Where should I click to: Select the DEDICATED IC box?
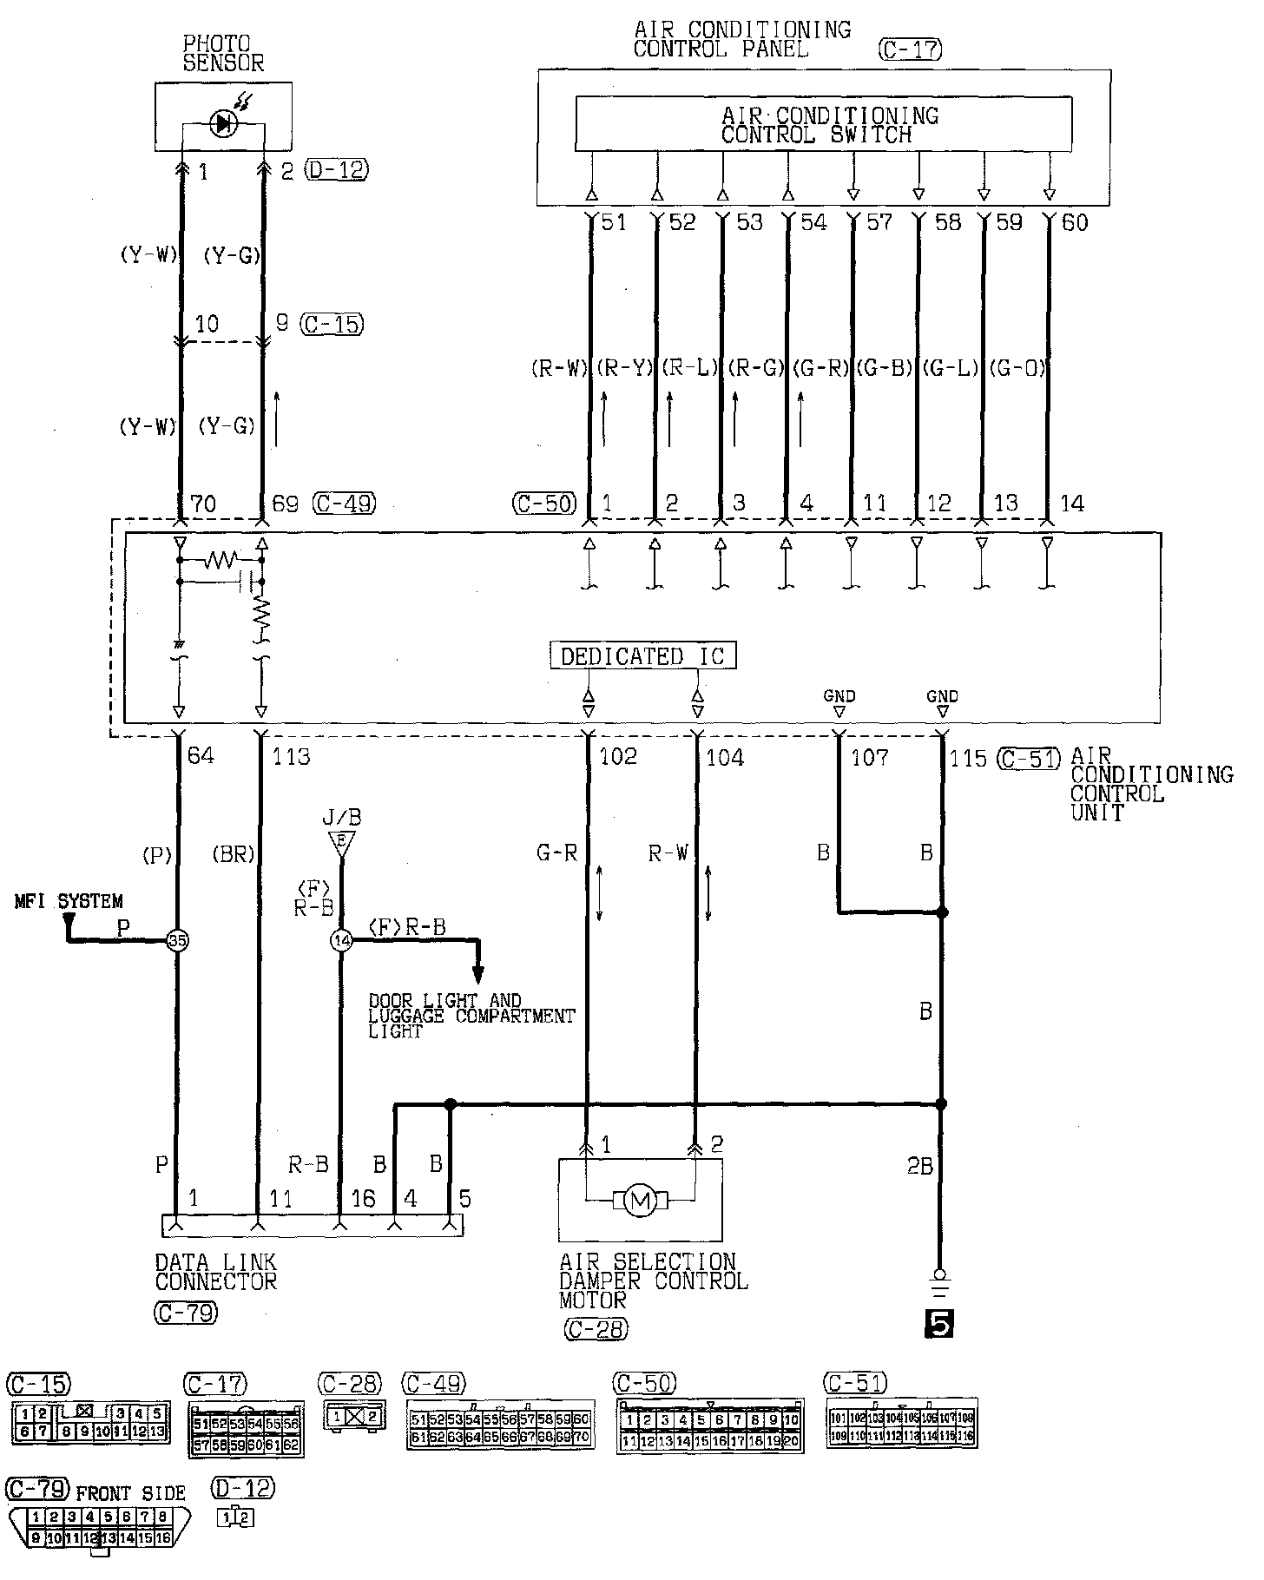tap(642, 656)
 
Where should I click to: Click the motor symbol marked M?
tap(640, 1201)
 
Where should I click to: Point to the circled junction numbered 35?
tap(178, 940)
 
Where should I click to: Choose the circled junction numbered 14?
tap(341, 940)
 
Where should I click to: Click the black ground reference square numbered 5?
tap(939, 1323)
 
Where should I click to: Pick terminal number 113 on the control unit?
tap(291, 757)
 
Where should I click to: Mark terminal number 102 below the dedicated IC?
tap(618, 758)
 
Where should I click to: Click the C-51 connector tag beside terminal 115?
tap(1029, 759)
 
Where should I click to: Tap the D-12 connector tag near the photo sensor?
tap(337, 170)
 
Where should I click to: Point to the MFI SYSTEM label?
tap(69, 902)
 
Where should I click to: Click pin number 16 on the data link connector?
tap(363, 1200)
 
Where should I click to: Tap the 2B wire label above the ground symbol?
tap(919, 1166)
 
